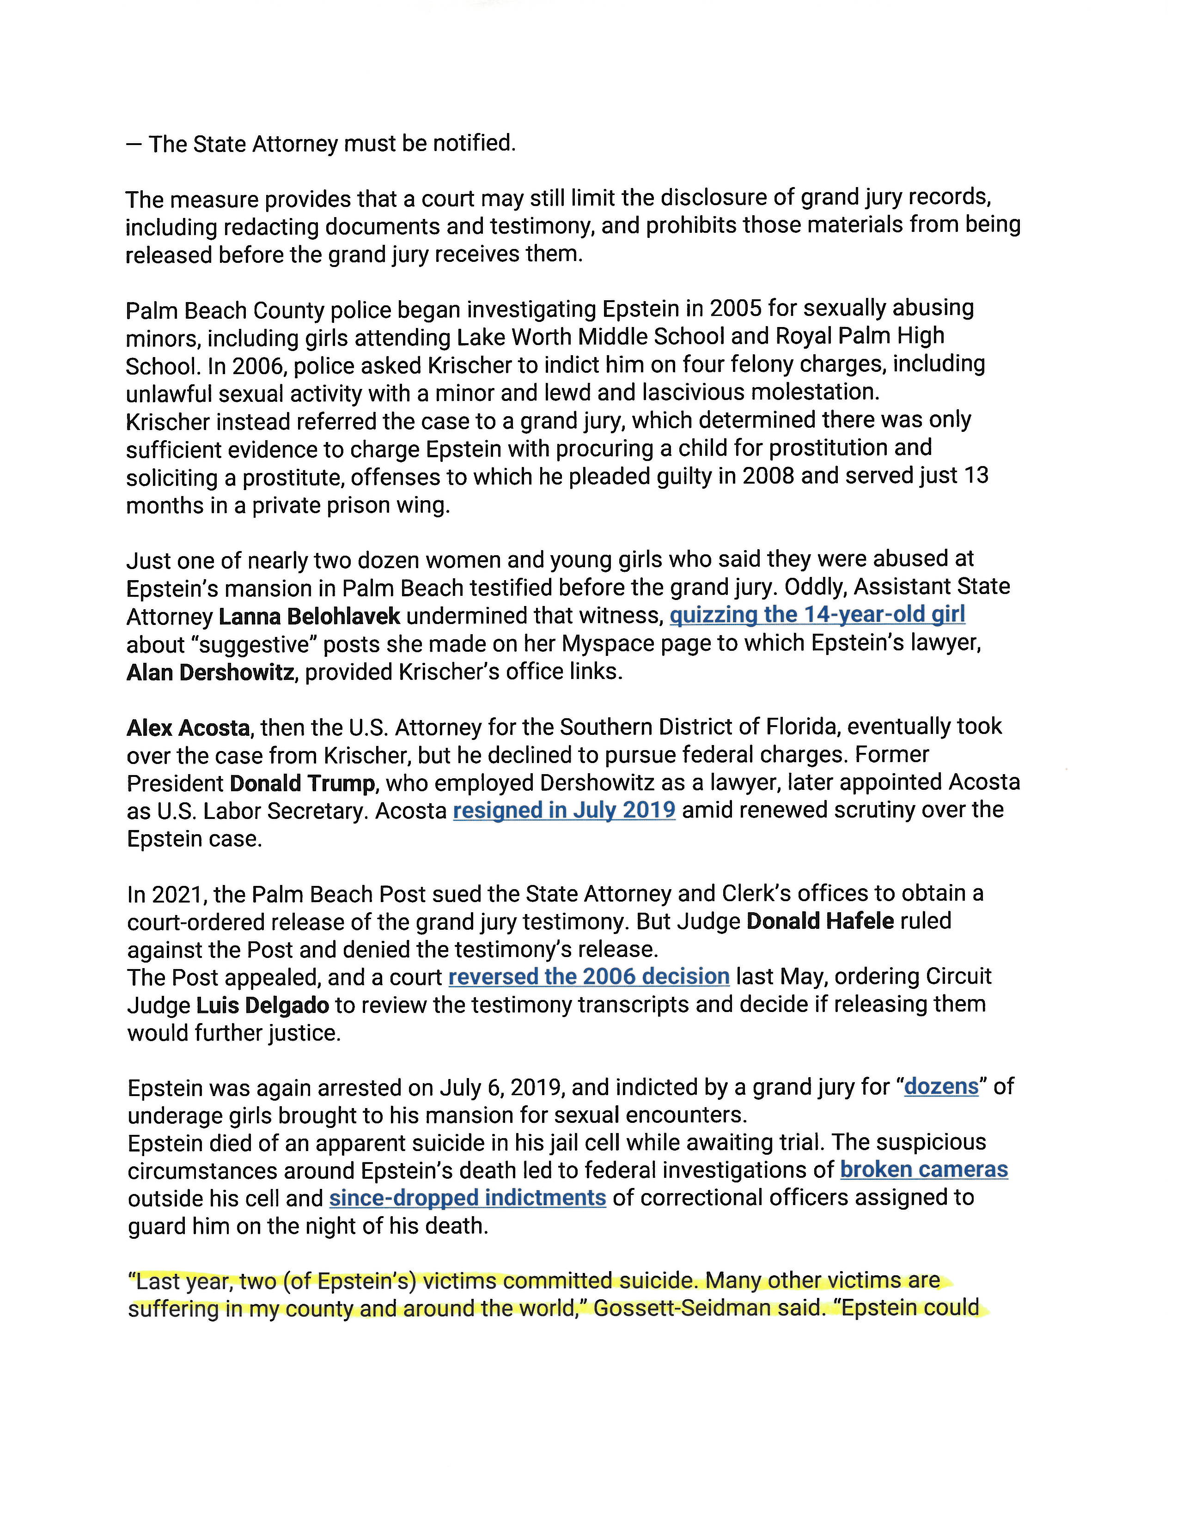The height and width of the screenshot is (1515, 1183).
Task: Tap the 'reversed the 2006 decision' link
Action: pyautogui.click(x=588, y=977)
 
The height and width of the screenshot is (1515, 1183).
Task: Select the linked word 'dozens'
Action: pyautogui.click(x=941, y=1086)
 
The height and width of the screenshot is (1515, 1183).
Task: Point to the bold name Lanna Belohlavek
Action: pyautogui.click(x=310, y=616)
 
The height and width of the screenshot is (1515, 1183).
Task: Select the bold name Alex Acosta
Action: pyautogui.click(x=188, y=727)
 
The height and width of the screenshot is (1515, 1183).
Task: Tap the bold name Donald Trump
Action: pyautogui.click(x=303, y=783)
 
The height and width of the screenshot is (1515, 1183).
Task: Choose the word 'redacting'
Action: pyautogui.click(x=263, y=227)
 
